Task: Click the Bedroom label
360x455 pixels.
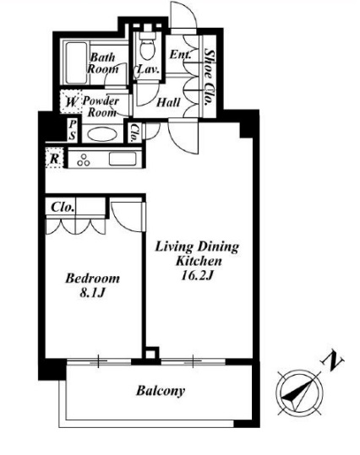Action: pos(92,279)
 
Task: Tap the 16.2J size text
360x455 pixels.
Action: pos(197,275)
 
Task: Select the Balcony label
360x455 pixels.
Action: pos(161,391)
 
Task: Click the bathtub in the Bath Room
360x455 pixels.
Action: pos(76,62)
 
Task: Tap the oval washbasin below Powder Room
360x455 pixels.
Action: pos(102,135)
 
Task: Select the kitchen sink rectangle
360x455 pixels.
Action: pos(123,159)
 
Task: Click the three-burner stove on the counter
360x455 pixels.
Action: pos(84,160)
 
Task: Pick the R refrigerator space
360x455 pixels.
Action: pos(54,158)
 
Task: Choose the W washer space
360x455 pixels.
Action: pos(71,102)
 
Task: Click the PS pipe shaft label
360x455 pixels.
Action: pos(73,131)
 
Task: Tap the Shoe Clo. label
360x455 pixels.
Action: pos(209,77)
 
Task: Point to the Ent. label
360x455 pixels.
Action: pos(180,55)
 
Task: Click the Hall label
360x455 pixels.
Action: pos(168,102)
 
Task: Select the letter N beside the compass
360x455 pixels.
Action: pos(332,361)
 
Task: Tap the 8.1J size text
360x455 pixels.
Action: pos(92,293)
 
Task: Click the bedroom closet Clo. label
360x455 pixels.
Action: pos(62,207)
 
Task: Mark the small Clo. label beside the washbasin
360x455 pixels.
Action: pos(134,133)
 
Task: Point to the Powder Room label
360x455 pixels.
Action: pos(101,106)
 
